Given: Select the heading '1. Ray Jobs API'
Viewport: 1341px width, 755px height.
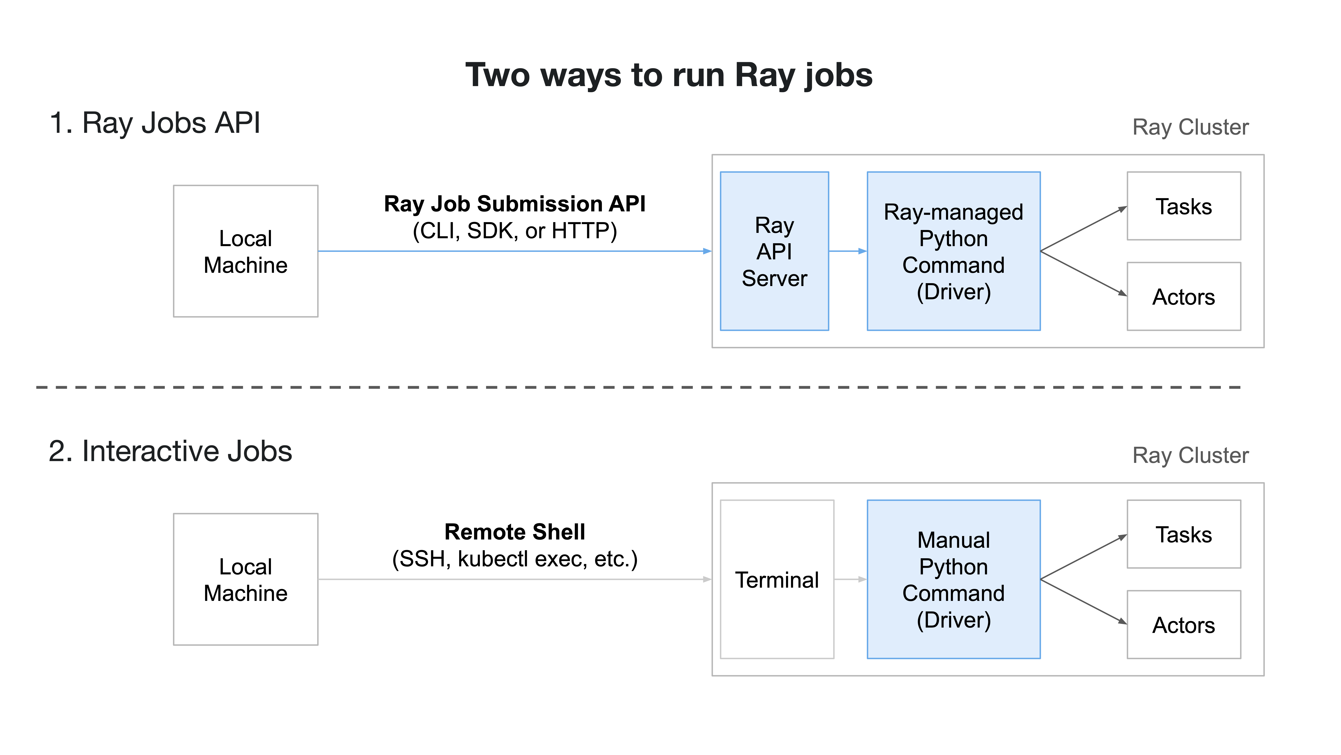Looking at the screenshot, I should coord(155,124).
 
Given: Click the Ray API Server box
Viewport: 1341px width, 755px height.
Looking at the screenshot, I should coord(774,251).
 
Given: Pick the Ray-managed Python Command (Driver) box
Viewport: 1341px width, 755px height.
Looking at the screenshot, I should coord(953,251).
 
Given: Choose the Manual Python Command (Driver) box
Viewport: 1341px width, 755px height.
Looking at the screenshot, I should coord(953,579).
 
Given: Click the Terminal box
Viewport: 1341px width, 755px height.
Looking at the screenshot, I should coord(777,579).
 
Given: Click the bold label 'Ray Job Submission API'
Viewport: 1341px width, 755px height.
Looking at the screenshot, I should coord(514,204).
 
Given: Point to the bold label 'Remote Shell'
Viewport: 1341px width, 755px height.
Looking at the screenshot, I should coord(514,532).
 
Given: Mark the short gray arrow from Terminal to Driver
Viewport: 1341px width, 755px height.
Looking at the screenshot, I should coord(850,579).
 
